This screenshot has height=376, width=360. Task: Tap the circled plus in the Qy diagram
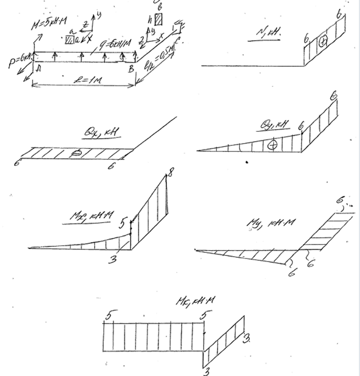click(272, 145)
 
